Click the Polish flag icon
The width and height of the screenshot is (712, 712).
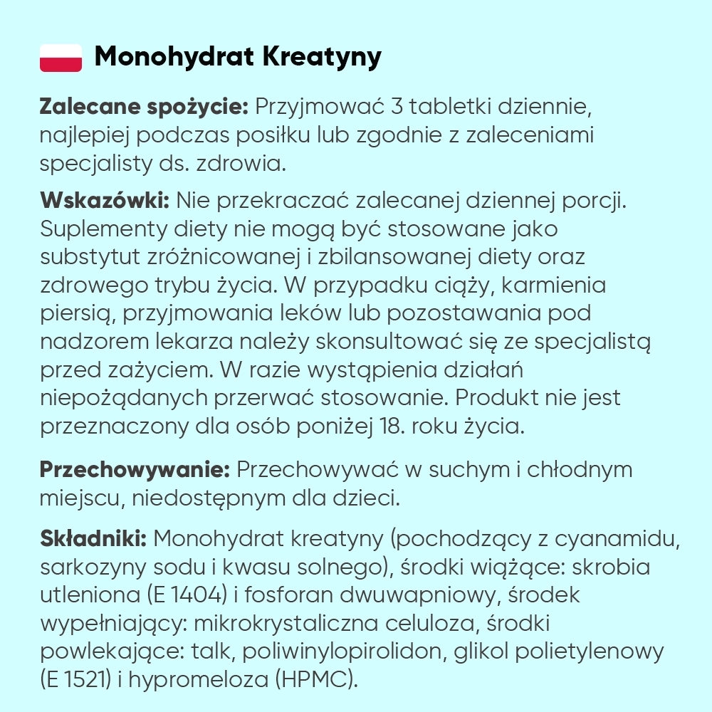tap(61, 57)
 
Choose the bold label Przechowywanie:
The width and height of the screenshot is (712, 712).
tap(134, 470)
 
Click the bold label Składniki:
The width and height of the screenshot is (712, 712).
tap(93, 539)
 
